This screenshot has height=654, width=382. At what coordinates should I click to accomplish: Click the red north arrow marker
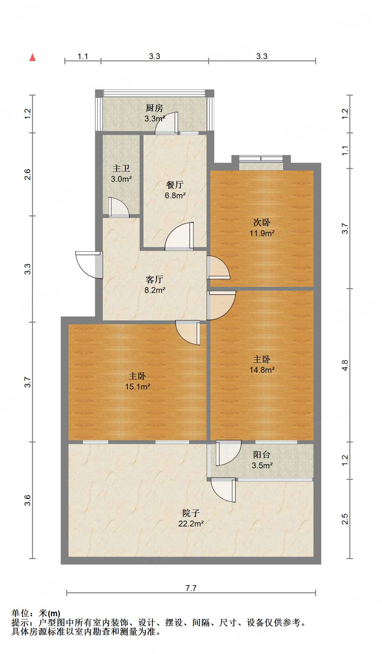pos(32,57)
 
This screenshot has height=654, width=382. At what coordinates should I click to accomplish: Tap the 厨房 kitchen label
pos(154,108)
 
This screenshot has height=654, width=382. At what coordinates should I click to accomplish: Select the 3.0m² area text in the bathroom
pos(121,179)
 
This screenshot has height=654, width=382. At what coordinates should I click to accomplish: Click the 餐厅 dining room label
pos(175,184)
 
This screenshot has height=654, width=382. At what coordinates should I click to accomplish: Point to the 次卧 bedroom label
pos(262,222)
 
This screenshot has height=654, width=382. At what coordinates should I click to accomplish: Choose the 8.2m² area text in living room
pos(155,290)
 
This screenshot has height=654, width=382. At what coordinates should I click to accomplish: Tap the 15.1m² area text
pos(137,387)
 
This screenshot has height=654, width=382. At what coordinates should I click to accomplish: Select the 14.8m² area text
pos(262,370)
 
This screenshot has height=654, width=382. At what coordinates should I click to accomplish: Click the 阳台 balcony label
pos(262,454)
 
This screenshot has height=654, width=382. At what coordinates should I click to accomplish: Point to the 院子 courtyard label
pos(191,513)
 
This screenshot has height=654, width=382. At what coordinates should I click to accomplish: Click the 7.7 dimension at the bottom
pos(191,588)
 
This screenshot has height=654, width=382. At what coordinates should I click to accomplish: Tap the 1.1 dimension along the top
pos(83,57)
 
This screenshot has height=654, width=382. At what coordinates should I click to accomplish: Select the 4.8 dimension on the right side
pos(345,365)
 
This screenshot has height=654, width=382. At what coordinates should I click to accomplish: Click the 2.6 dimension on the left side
pos(28,174)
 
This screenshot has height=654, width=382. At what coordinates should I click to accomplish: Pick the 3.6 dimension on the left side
pos(28,500)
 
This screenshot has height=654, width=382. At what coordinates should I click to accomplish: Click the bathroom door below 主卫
pos(119,207)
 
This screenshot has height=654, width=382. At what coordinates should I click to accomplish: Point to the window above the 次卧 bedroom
pos(261,159)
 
